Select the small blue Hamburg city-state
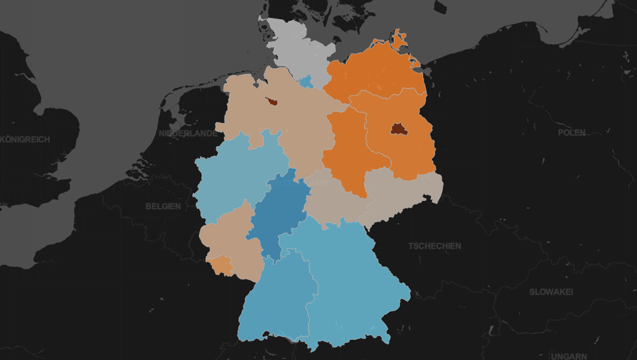[306, 82]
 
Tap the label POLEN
[571, 133]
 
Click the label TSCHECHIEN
[434, 245]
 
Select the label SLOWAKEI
[551, 292]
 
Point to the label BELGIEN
[163, 206]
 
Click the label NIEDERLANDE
[187, 133]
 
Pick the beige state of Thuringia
[334, 201]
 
